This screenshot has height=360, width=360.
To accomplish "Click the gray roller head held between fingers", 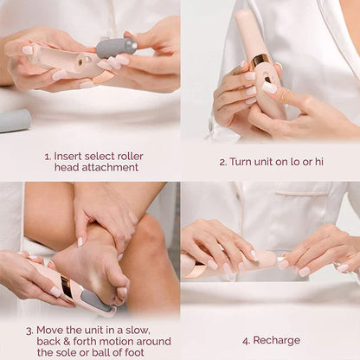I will tap(116, 47).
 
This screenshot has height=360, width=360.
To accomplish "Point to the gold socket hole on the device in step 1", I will tap(79, 62).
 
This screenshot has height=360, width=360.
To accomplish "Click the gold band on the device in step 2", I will tap(260, 60).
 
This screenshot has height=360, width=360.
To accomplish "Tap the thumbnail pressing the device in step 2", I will tap(269, 87).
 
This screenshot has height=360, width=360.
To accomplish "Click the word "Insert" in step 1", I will tap(71, 157).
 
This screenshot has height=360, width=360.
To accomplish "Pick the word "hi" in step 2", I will tap(319, 162).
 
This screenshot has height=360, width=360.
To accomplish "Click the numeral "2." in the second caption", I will tap(223, 162).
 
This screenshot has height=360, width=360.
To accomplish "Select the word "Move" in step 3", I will tap(51, 330).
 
